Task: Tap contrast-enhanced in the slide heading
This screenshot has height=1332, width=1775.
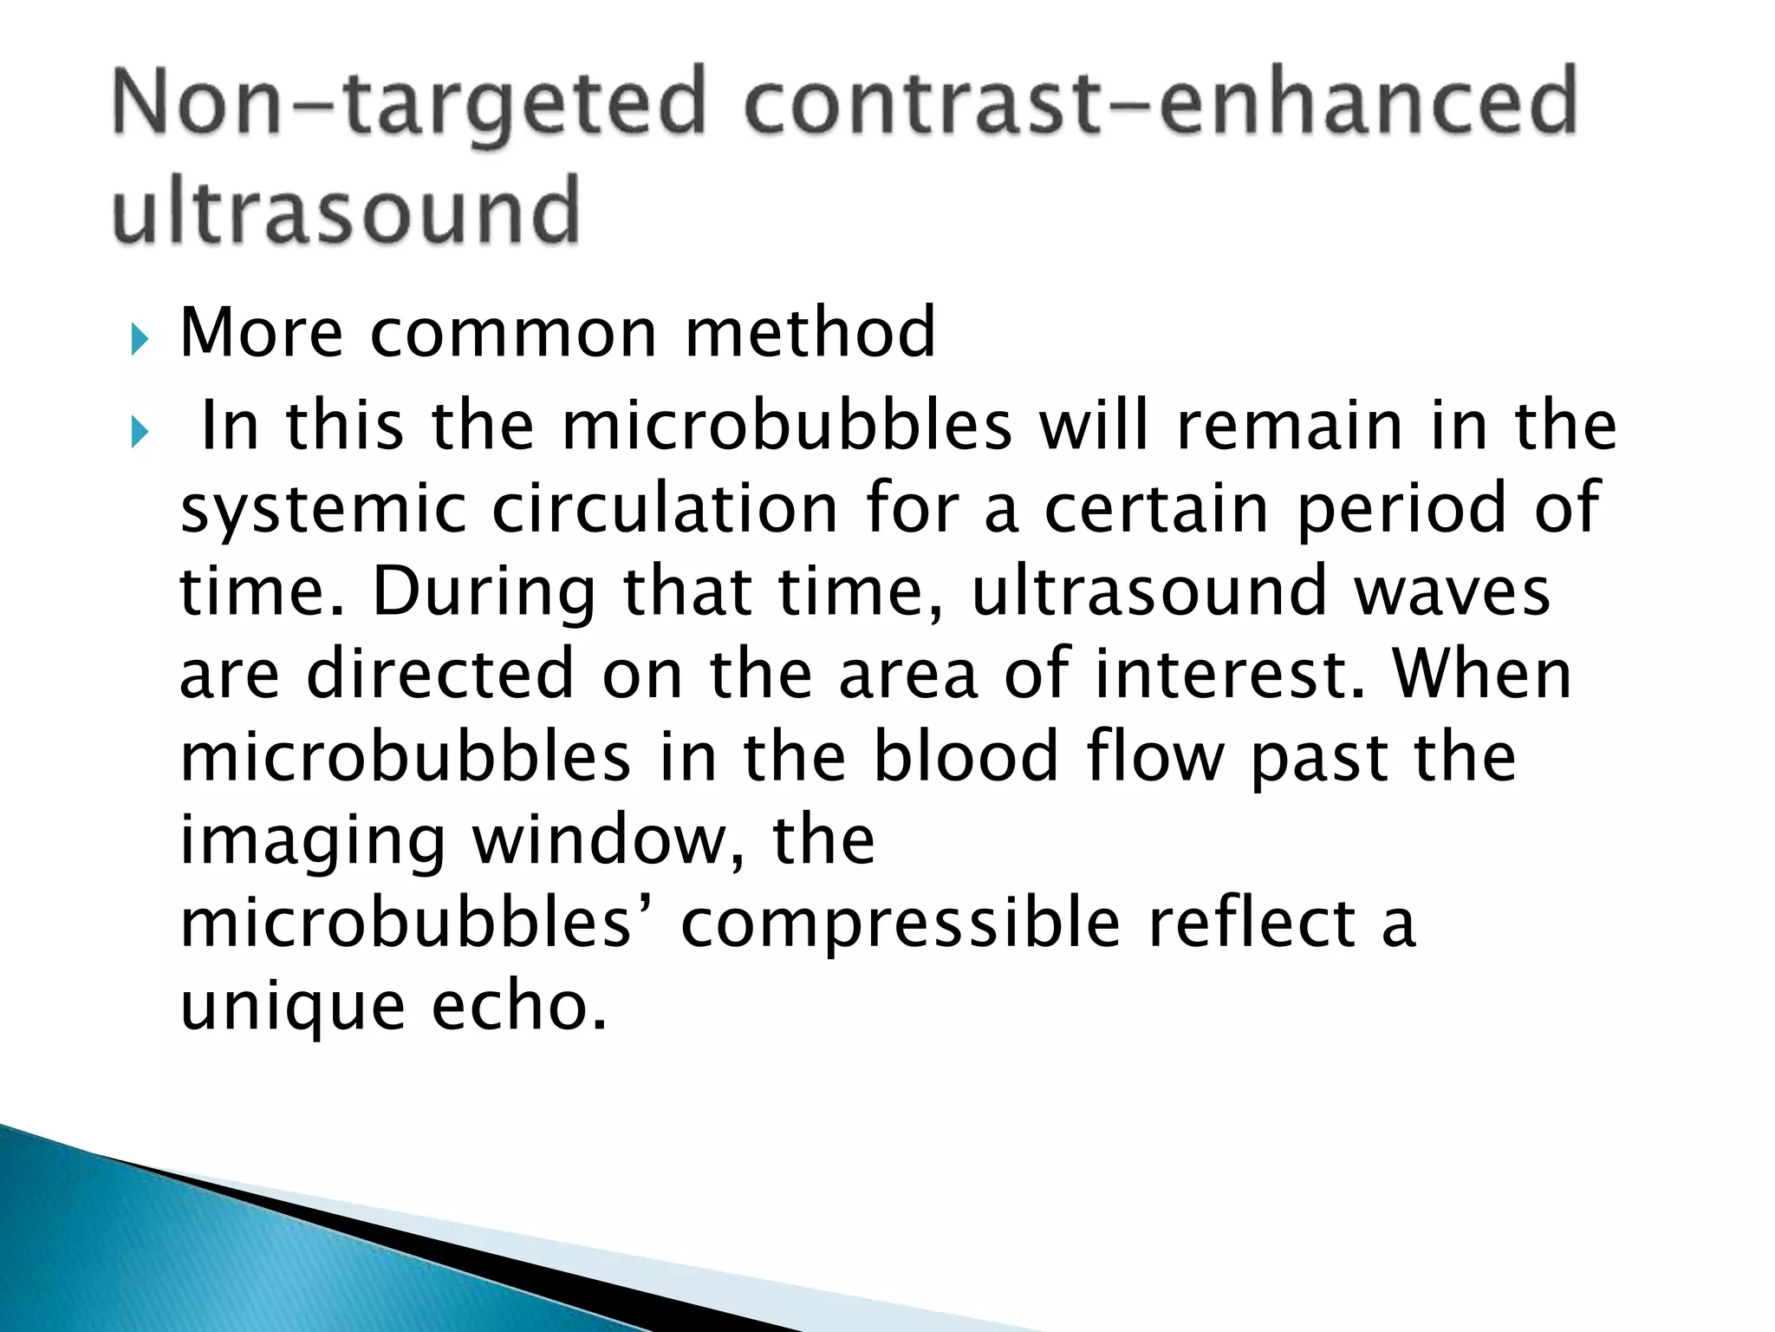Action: tap(1161, 104)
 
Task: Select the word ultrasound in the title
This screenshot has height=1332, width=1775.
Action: tap(346, 210)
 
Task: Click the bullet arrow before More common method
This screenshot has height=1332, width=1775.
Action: tap(139, 340)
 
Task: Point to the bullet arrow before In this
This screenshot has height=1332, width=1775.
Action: tap(139, 431)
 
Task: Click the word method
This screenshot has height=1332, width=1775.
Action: tap(810, 333)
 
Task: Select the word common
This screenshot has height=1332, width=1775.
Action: tap(514, 333)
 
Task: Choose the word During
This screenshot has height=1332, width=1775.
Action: tap(484, 591)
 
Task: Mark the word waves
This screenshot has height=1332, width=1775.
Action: tap(1452, 591)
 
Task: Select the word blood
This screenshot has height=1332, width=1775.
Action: tap(966, 757)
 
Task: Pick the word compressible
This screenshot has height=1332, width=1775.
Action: tap(901, 923)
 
